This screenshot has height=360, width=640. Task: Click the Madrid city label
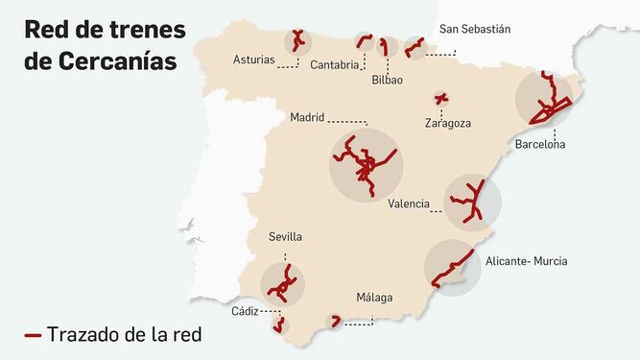click(x=307, y=118)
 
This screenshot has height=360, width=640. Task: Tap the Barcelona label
click(x=540, y=145)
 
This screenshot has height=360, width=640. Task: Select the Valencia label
click(x=409, y=204)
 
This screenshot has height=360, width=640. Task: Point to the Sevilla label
click(x=286, y=236)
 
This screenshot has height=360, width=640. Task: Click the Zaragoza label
click(x=447, y=123)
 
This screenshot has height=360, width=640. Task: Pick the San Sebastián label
click(x=475, y=29)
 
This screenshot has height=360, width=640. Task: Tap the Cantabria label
click(x=336, y=65)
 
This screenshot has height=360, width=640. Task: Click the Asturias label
click(x=254, y=60)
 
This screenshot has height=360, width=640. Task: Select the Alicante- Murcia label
click(x=526, y=260)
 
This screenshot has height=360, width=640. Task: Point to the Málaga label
click(x=374, y=298)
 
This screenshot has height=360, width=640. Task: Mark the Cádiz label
click(x=244, y=311)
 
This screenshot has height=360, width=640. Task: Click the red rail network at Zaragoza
click(x=440, y=98)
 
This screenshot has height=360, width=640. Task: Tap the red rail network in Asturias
click(x=297, y=40)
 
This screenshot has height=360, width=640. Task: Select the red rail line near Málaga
click(x=336, y=321)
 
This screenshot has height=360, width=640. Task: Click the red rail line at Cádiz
click(x=279, y=323)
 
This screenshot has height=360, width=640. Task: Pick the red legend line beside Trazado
click(x=33, y=335)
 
